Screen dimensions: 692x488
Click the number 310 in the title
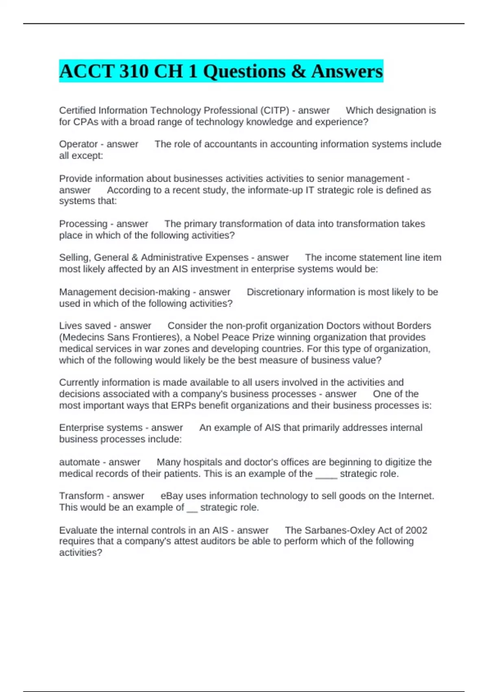click(x=134, y=72)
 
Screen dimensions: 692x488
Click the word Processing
click(x=83, y=224)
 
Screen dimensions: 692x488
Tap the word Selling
click(x=74, y=258)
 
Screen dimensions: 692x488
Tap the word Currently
click(x=79, y=383)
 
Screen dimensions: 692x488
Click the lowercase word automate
click(x=79, y=462)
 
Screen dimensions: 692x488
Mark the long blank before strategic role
click(x=326, y=475)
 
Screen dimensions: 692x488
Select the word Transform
click(x=81, y=496)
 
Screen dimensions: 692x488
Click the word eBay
click(x=171, y=496)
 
